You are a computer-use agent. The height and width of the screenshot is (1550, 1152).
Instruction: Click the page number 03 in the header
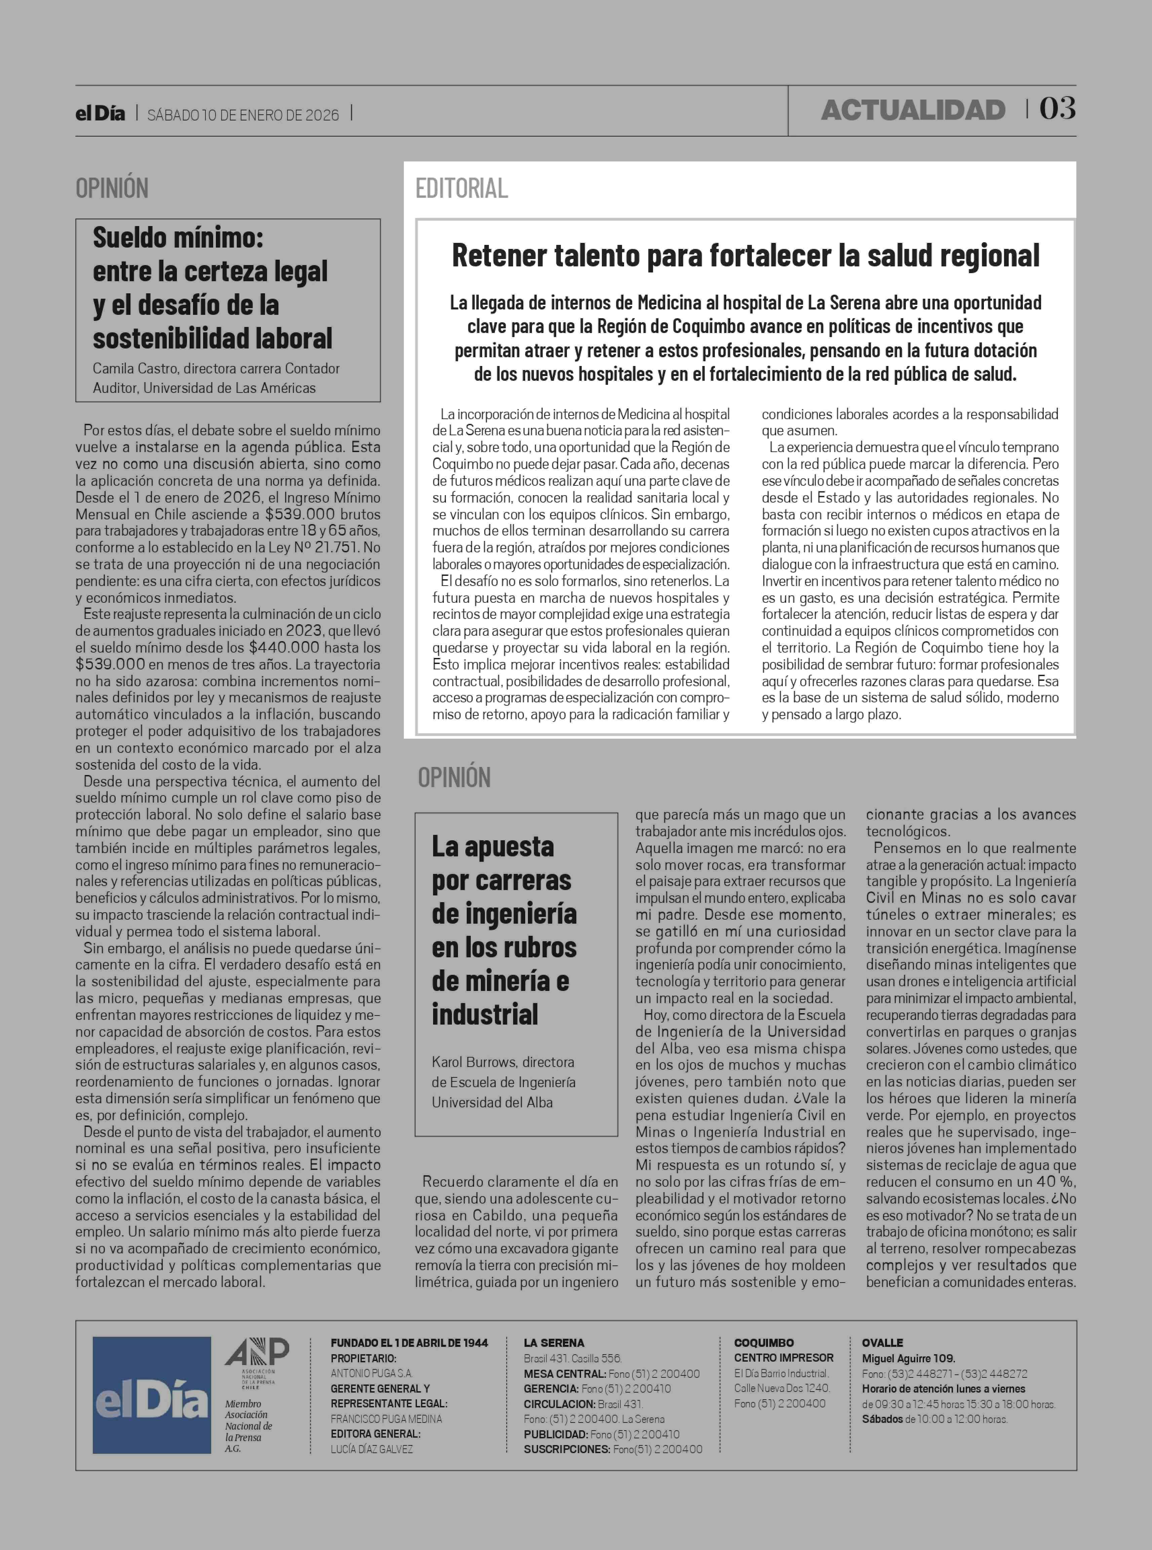tap(1057, 109)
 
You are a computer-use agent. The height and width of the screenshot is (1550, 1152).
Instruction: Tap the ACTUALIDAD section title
tap(913, 110)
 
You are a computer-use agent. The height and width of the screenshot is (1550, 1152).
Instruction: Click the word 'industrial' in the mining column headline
tap(485, 1014)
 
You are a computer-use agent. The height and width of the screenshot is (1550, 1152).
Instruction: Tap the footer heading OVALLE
tap(882, 1343)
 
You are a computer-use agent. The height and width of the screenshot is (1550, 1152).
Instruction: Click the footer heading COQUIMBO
tap(764, 1343)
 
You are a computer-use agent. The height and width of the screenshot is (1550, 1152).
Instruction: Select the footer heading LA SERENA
tap(554, 1343)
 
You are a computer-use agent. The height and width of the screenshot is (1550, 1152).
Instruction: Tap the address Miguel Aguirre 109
tap(908, 1358)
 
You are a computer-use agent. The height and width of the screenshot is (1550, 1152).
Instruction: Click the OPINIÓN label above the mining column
tap(454, 777)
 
